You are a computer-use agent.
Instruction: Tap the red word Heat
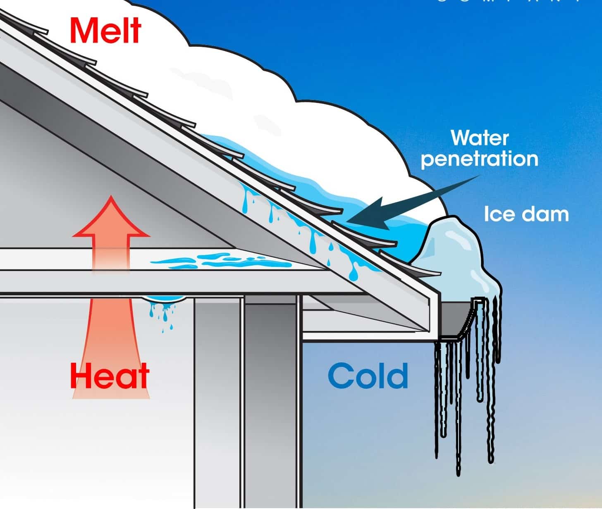pos(110,376)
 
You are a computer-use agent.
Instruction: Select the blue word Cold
pos(368,376)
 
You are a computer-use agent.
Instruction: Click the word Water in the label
pos(479,138)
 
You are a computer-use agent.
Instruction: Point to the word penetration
pos(479,159)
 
